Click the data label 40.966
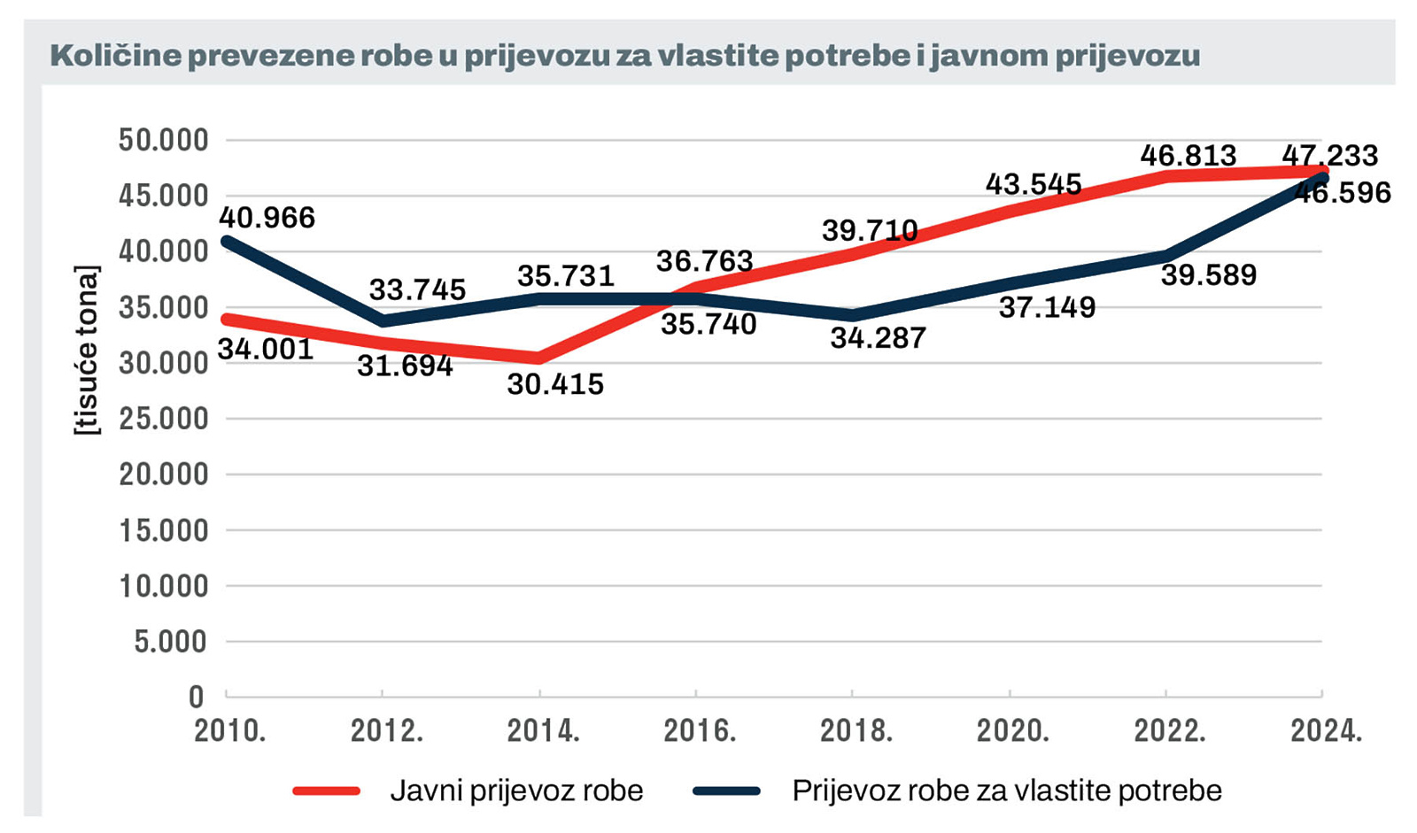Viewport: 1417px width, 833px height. pos(267,218)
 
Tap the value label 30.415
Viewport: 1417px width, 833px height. pos(555,384)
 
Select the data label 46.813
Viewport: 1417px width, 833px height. pos(1188,156)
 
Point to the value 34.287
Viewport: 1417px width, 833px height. pos(878,338)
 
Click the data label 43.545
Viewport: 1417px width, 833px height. pos(1034,184)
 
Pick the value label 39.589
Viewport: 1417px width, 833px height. pos(1209,275)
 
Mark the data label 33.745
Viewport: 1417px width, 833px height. pos(417,289)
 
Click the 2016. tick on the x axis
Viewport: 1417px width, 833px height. pos(700,731)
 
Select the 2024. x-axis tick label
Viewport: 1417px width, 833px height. pos(1326,731)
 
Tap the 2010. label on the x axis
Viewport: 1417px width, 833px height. pos(230,731)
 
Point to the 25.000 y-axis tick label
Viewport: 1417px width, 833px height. pos(164,419)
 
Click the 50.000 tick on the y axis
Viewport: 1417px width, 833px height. pos(164,140)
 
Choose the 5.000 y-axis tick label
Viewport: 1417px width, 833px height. pos(170,642)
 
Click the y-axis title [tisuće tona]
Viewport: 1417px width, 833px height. pos(87,350)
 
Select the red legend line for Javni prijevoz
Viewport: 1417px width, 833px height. pos(327,791)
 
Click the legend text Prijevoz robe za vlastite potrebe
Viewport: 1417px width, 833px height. pos(1007,791)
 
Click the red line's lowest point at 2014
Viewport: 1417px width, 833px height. pos(539,358)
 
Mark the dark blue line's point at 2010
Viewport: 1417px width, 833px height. pos(227,241)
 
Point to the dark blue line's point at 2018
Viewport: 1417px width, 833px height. pos(852,315)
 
